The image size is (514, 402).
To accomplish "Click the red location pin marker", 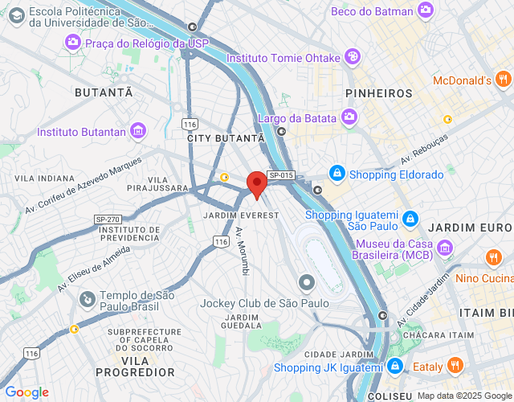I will click(256, 184).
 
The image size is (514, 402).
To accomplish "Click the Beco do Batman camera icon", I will click(426, 10).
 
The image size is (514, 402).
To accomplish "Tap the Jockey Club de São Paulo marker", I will click(306, 282).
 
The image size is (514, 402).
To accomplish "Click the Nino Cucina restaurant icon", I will click(493, 258).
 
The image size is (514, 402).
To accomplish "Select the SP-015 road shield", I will click(280, 175).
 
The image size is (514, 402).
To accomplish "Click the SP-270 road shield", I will click(107, 219).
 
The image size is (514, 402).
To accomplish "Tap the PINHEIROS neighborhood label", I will click(378, 93).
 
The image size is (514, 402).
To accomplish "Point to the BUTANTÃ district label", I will click(104, 92).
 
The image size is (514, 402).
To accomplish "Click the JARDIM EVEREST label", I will click(241, 215).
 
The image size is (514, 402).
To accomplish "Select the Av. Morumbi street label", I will click(242, 252).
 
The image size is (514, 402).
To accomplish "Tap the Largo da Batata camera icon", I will click(349, 118).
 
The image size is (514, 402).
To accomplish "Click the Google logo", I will click(27, 392).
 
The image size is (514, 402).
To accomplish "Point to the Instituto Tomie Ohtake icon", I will click(352, 57).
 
